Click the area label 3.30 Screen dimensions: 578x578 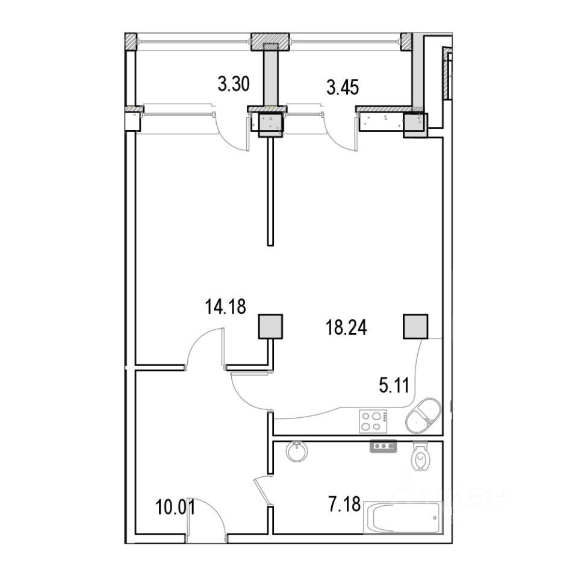[x=234, y=84]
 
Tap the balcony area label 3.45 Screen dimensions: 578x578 [x=343, y=88]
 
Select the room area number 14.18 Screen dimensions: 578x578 [x=226, y=306]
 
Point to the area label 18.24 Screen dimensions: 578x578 [x=347, y=328]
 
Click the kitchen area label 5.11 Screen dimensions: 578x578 [x=394, y=386]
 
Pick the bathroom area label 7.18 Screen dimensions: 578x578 [x=344, y=505]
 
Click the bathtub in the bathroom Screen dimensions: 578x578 [x=403, y=517]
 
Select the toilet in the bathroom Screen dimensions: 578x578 [x=420, y=456]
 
